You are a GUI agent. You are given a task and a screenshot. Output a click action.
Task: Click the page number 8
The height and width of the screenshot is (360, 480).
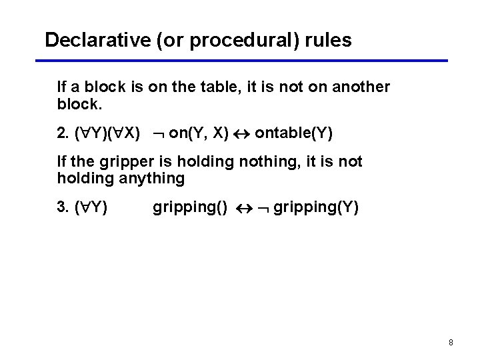pyautogui.click(x=451, y=343)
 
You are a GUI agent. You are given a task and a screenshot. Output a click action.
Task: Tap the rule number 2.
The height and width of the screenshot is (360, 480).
pyautogui.click(x=63, y=133)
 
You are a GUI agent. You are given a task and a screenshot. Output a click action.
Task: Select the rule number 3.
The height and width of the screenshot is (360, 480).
pyautogui.click(x=63, y=208)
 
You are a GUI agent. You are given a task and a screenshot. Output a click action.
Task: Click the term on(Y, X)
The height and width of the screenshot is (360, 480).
pyautogui.click(x=199, y=133)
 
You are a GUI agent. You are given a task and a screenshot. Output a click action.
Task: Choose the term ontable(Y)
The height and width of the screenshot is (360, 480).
pyautogui.click(x=294, y=133)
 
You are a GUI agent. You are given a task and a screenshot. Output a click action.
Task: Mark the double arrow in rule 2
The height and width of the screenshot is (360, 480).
pyautogui.click(x=241, y=134)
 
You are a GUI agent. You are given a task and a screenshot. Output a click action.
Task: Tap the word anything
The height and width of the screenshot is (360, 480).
pyautogui.click(x=154, y=178)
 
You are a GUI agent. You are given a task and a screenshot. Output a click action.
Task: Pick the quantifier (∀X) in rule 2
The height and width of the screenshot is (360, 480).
pyautogui.click(x=124, y=133)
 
